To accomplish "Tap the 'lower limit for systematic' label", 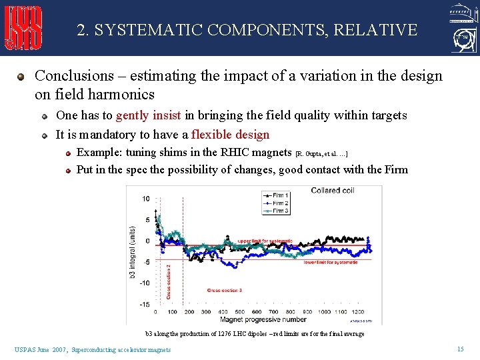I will (330, 263).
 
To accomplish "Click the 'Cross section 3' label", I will (224, 290).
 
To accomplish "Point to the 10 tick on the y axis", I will (146, 199).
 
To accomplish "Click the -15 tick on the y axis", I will (145, 305).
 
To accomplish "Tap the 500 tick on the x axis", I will (239, 312).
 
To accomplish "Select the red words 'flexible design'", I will (230, 135).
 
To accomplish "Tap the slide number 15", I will (460, 349).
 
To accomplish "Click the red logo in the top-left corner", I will (24, 27).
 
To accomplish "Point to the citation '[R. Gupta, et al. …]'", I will (321, 154).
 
